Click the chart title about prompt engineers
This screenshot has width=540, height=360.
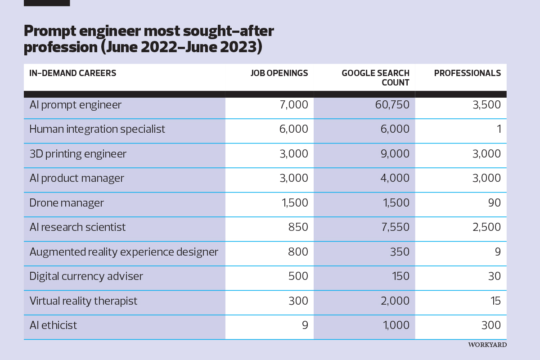[x=148, y=39]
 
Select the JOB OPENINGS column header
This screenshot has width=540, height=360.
[x=279, y=73]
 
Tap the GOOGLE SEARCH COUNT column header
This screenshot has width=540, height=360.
[x=375, y=78]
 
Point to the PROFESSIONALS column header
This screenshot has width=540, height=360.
[x=467, y=73]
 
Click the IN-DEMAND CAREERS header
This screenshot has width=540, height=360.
[x=72, y=73]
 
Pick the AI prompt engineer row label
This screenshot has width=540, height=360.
[x=75, y=105]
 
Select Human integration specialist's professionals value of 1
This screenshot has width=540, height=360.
[x=498, y=129]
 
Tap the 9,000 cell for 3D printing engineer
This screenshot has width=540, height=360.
[x=395, y=154]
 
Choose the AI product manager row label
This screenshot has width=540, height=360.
[x=76, y=178]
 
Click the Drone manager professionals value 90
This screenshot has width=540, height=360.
[x=495, y=203]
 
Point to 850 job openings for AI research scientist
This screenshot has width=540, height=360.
[x=298, y=227]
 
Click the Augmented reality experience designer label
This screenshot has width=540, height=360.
[x=124, y=252]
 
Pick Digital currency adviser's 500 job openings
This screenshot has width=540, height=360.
[x=298, y=276]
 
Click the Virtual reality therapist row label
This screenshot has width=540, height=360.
[x=83, y=301]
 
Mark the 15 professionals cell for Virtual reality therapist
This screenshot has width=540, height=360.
[x=495, y=301]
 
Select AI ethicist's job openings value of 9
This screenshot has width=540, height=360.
[x=305, y=325]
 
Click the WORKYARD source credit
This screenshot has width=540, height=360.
[x=487, y=345]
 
